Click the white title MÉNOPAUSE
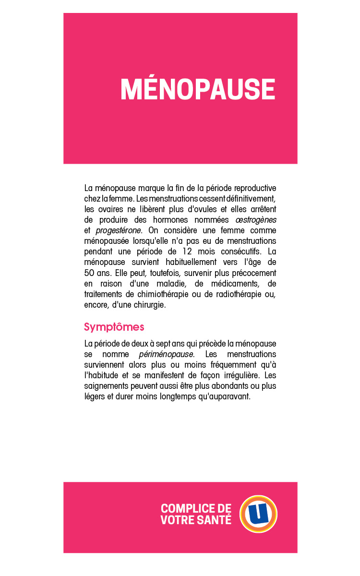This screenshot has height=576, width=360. tap(198, 89)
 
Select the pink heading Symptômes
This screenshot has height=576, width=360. tap(114, 327)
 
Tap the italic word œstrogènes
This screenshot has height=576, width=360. tap(256, 219)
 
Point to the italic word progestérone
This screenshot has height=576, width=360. tap(119, 230)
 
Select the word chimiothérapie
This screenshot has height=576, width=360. tap(162, 294)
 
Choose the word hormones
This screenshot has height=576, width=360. tap(167, 219)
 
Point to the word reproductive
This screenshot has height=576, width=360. tap(253, 188)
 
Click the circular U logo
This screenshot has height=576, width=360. tap(259, 514)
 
